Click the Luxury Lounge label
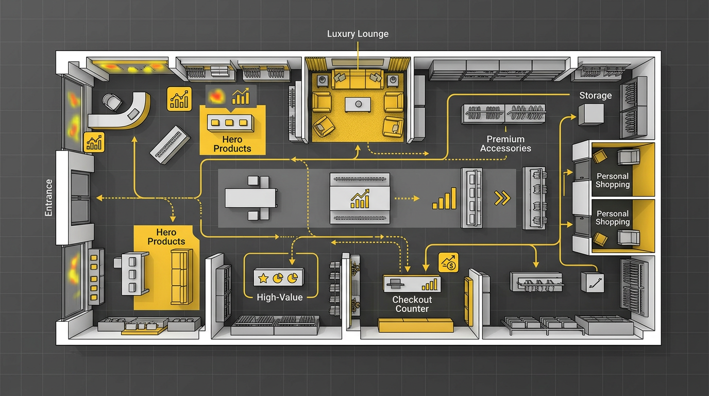click(x=358, y=34)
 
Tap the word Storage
click(x=595, y=95)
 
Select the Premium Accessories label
click(x=505, y=143)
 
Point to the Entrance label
click(x=49, y=197)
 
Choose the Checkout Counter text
click(x=412, y=304)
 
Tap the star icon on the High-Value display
click(x=263, y=278)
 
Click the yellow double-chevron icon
click(x=502, y=198)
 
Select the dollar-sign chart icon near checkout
click(x=448, y=263)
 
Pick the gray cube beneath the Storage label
click(x=590, y=114)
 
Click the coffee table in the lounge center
click(x=358, y=104)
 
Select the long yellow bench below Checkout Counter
click(x=415, y=325)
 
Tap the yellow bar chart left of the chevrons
click(x=445, y=199)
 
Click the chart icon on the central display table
click(x=360, y=199)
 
